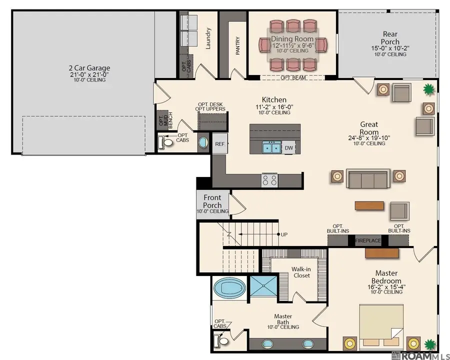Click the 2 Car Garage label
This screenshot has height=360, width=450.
click(89, 68)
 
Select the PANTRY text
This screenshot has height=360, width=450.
click(238, 46)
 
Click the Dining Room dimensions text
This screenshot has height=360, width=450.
click(292, 45)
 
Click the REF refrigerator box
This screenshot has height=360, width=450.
click(219, 143)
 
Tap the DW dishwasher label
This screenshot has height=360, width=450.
click(288, 147)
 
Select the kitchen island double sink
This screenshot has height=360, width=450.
click(272, 147)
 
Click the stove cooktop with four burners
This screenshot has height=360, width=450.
click(269, 180)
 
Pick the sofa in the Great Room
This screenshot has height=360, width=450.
click(368, 178)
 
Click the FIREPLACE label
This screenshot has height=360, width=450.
click(368, 241)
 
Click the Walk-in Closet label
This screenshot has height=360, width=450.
click(301, 272)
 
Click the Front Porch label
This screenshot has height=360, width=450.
click(212, 201)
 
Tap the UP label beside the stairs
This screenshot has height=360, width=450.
click(284, 234)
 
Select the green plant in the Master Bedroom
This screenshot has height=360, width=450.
click(429, 344)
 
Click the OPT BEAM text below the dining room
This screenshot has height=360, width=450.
click(292, 77)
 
